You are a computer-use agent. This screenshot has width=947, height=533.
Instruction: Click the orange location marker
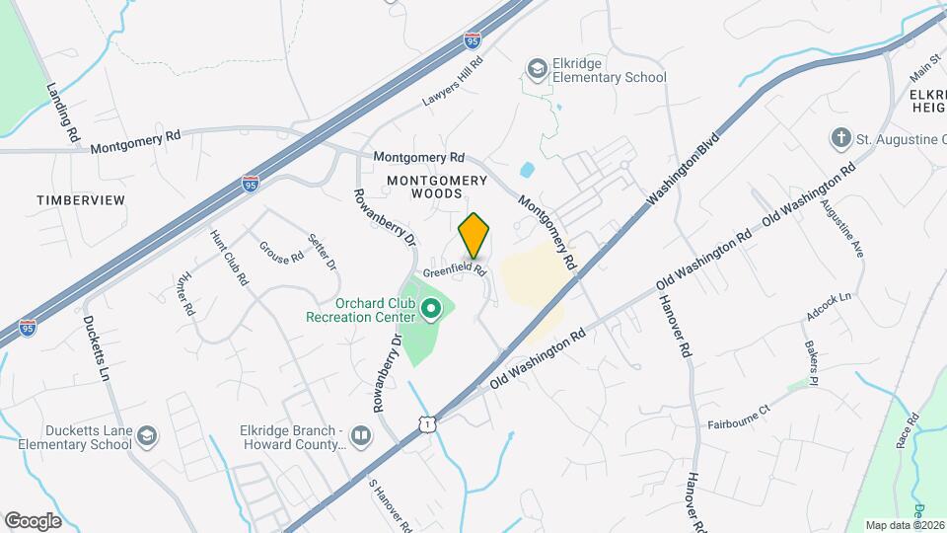click(474, 236)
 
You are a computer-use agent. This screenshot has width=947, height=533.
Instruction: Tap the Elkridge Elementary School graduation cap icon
click(537, 68)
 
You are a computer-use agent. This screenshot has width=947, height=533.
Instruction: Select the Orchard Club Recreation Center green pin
click(430, 310)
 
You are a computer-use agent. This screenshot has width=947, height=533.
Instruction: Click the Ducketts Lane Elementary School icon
click(146, 436)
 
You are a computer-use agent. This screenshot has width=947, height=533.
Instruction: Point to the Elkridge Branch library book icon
click(361, 436)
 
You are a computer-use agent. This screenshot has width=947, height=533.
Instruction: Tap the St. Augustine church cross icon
click(840, 138)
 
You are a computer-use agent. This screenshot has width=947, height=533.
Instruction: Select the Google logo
click(33, 520)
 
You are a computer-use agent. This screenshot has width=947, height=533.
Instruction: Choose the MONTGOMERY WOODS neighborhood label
click(437, 187)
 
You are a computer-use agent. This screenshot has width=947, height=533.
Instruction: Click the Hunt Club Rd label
click(229, 258)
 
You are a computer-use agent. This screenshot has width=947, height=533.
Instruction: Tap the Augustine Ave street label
click(850, 231)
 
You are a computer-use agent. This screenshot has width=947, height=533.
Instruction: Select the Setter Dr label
click(323, 252)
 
